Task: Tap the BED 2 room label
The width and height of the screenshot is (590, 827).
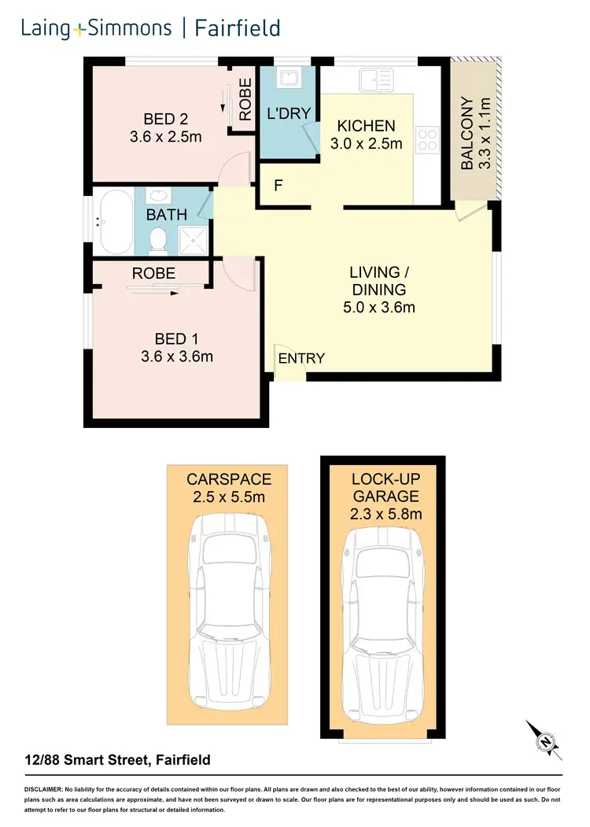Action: pos(165,120)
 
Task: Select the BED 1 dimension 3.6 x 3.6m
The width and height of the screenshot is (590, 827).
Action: pos(176,356)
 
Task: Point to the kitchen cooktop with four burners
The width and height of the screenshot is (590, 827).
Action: pos(428,139)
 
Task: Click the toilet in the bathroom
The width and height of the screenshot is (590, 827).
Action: pos(159,238)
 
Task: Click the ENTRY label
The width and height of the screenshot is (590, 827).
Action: pos(301,359)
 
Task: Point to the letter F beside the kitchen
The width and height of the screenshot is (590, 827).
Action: pos(278,186)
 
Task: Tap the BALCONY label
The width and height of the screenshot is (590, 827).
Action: pos(467,134)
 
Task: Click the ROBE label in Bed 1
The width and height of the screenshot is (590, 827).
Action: pos(153,274)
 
